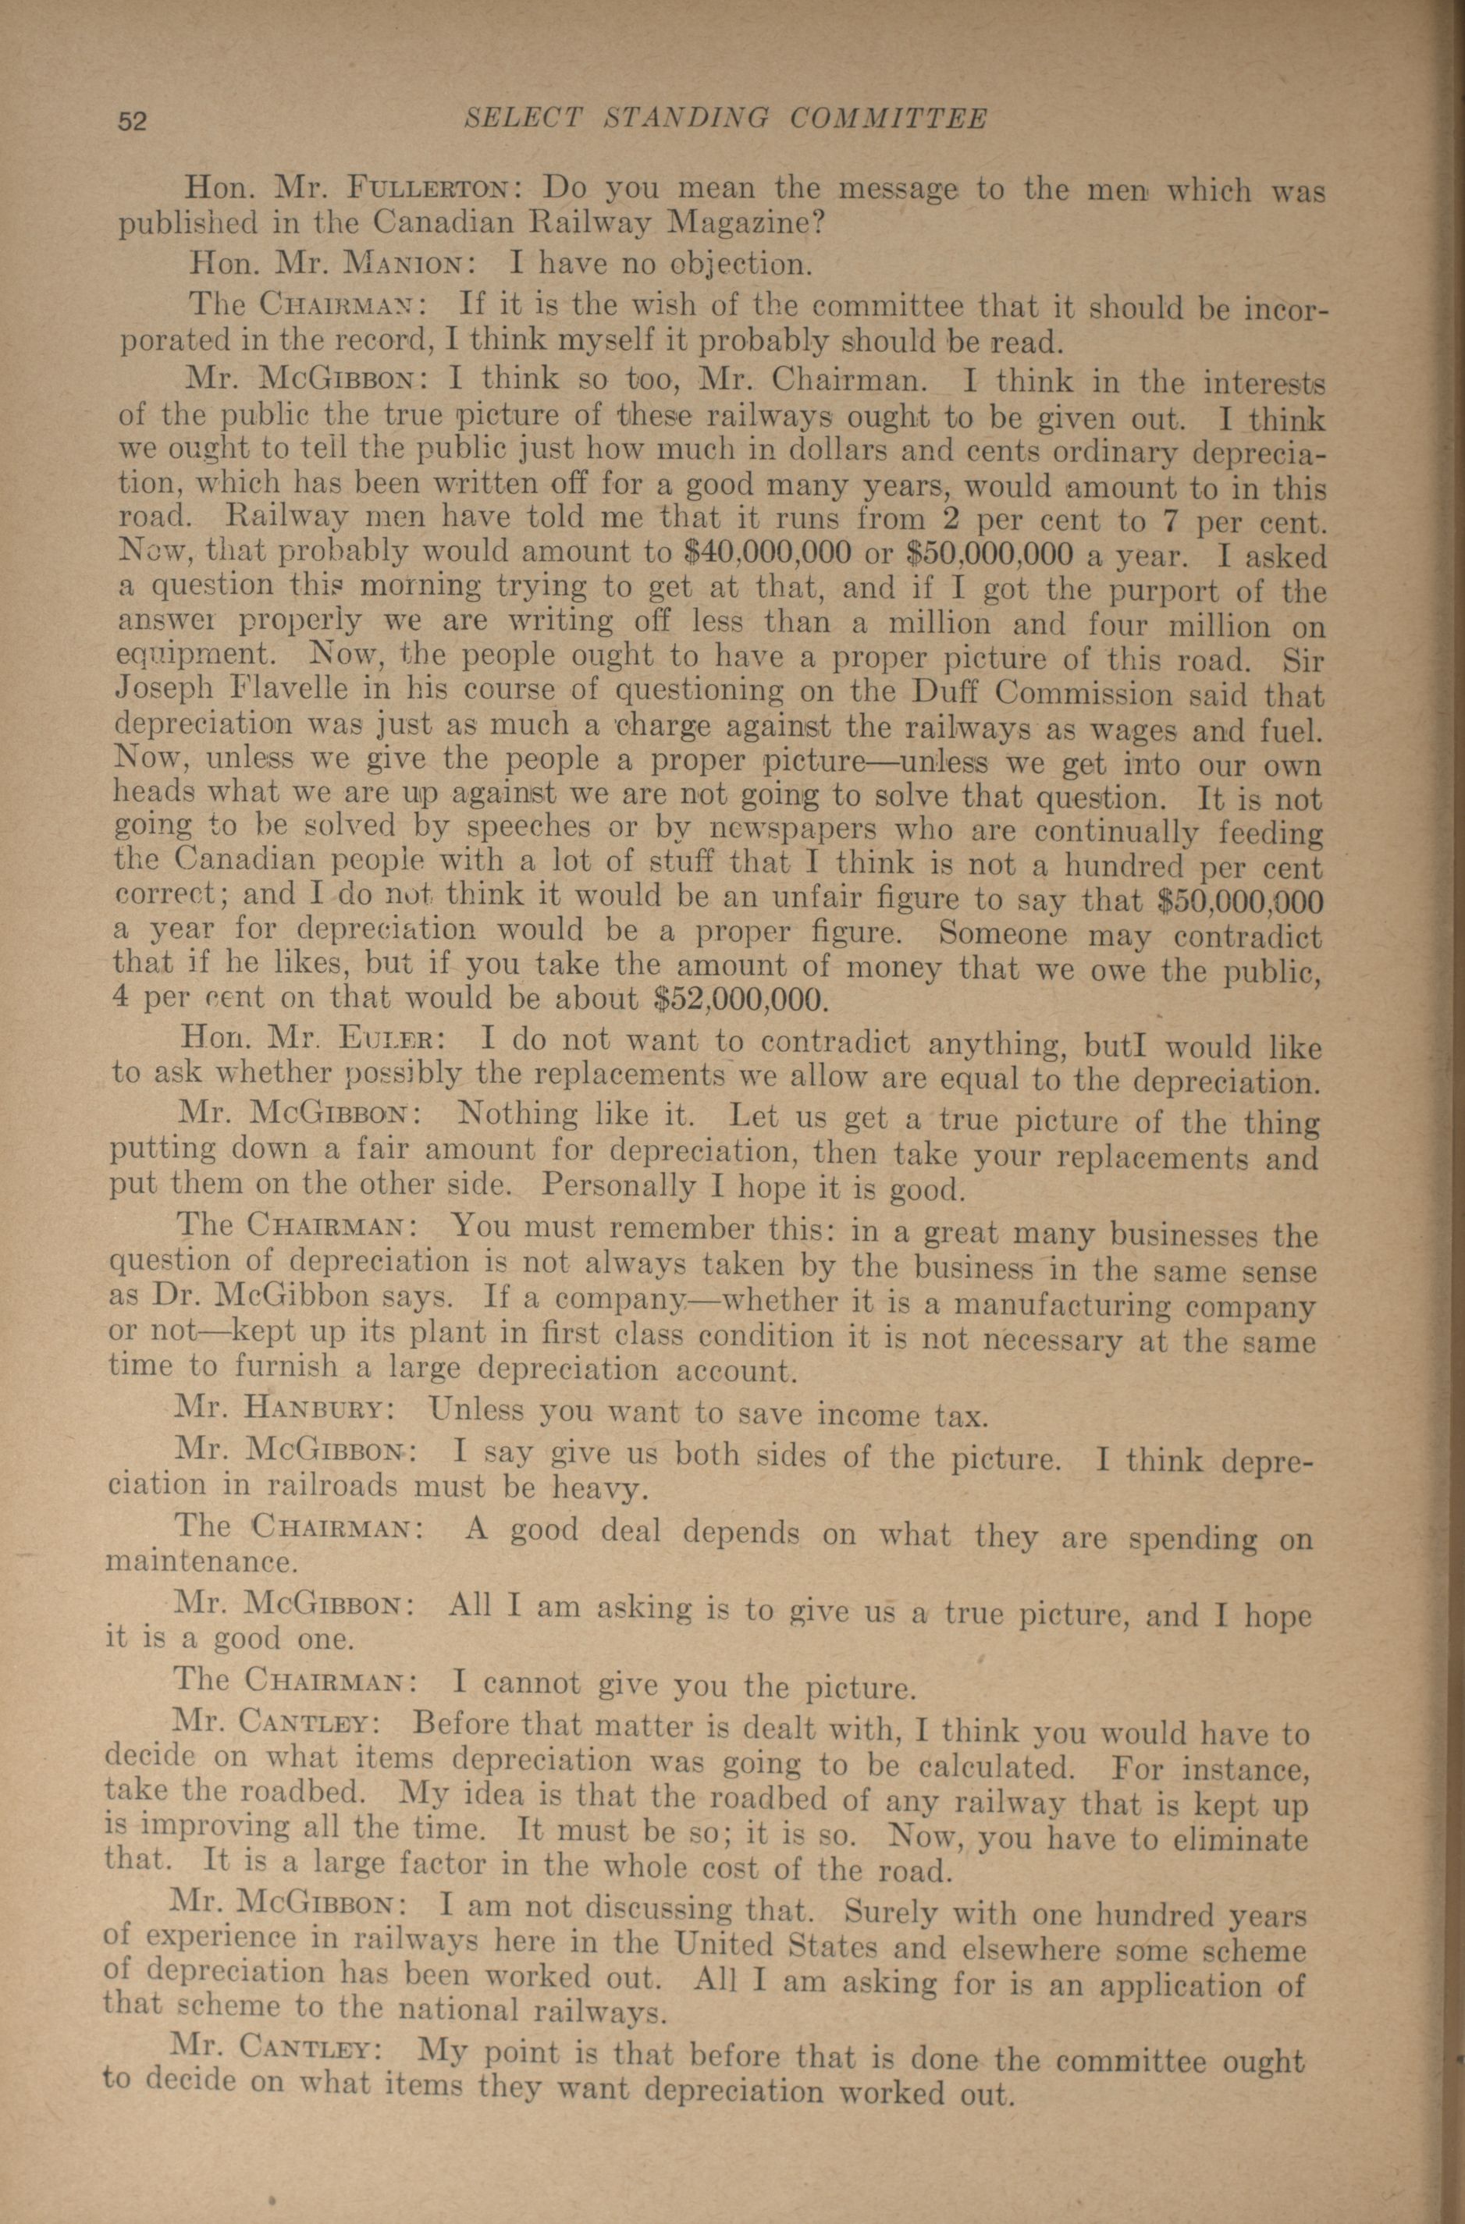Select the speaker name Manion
(x=401, y=264)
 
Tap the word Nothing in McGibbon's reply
(x=518, y=1114)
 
